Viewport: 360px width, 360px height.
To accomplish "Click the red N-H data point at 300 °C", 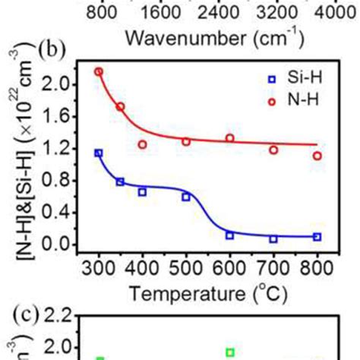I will pos(98,71).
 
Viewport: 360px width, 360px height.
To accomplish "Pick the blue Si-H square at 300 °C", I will pos(98,153).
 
